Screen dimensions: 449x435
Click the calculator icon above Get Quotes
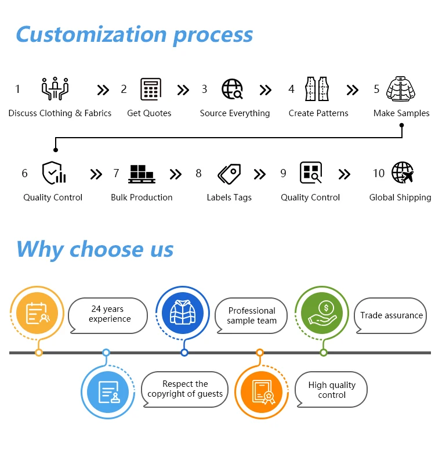(x=151, y=89)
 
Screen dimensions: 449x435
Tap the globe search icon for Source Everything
(x=233, y=89)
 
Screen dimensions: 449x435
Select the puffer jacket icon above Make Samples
(x=401, y=89)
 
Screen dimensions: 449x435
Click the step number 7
(x=116, y=173)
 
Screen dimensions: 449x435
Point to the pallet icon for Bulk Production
(x=142, y=173)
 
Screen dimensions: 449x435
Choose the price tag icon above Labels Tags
(x=229, y=173)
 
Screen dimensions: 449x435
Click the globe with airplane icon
(x=403, y=173)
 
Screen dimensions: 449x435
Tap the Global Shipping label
(x=400, y=197)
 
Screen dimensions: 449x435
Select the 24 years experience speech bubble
(x=108, y=315)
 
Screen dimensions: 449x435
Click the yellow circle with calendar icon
(x=38, y=313)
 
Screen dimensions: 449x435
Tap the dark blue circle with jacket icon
(x=183, y=313)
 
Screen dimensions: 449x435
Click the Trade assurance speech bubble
(x=391, y=315)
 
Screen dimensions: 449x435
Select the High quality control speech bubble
(x=331, y=390)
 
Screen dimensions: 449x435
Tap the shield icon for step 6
(x=53, y=173)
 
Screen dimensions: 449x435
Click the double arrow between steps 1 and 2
(x=103, y=90)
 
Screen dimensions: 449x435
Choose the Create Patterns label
(x=318, y=113)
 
